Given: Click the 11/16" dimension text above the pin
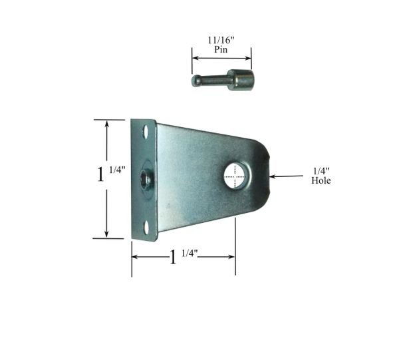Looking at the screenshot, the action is coord(221,40).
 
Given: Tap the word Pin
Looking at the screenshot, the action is coord(221,49).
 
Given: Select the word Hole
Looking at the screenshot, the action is coord(321,180).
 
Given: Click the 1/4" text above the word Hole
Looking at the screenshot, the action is coord(321,171).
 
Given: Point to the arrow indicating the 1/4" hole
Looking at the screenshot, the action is coord(286,176).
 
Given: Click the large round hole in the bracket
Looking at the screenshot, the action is coord(235,176).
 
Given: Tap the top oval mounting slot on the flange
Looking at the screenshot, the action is coord(146,132).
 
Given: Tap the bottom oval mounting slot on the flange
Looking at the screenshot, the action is coord(146,228).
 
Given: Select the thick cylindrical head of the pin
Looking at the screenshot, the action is coord(241,80).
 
